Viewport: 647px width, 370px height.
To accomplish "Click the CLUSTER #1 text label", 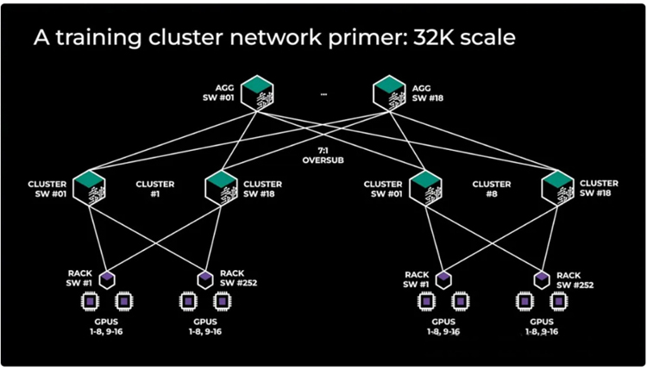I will click(155, 189).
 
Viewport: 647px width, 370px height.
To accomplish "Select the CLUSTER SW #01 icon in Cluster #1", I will click(89, 189).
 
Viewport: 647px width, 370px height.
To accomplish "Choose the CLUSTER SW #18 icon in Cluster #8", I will click(557, 189).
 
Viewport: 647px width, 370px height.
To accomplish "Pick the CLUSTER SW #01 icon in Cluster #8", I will click(424, 189).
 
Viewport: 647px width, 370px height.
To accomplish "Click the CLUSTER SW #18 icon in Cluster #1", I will click(222, 189).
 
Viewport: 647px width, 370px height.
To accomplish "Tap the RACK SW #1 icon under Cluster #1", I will click(108, 279).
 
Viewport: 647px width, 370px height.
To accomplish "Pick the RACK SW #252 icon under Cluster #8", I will click(541, 279).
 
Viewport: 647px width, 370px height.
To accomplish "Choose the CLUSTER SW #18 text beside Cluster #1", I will click(263, 189).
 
